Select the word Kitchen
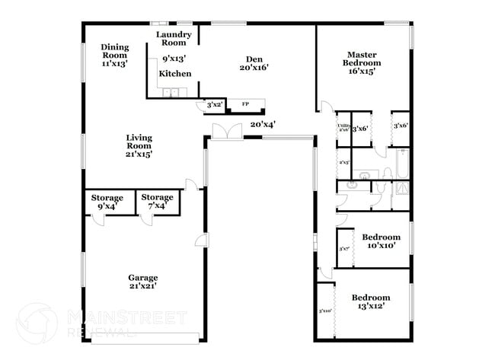(175, 74)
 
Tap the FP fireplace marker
(245, 104)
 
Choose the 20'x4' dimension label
(263, 124)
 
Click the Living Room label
(139, 145)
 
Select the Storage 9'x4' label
(107, 202)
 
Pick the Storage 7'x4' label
(157, 202)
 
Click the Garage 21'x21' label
(142, 282)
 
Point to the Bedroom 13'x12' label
(371, 301)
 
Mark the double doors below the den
(227, 130)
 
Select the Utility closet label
(343, 127)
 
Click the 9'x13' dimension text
(174, 59)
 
